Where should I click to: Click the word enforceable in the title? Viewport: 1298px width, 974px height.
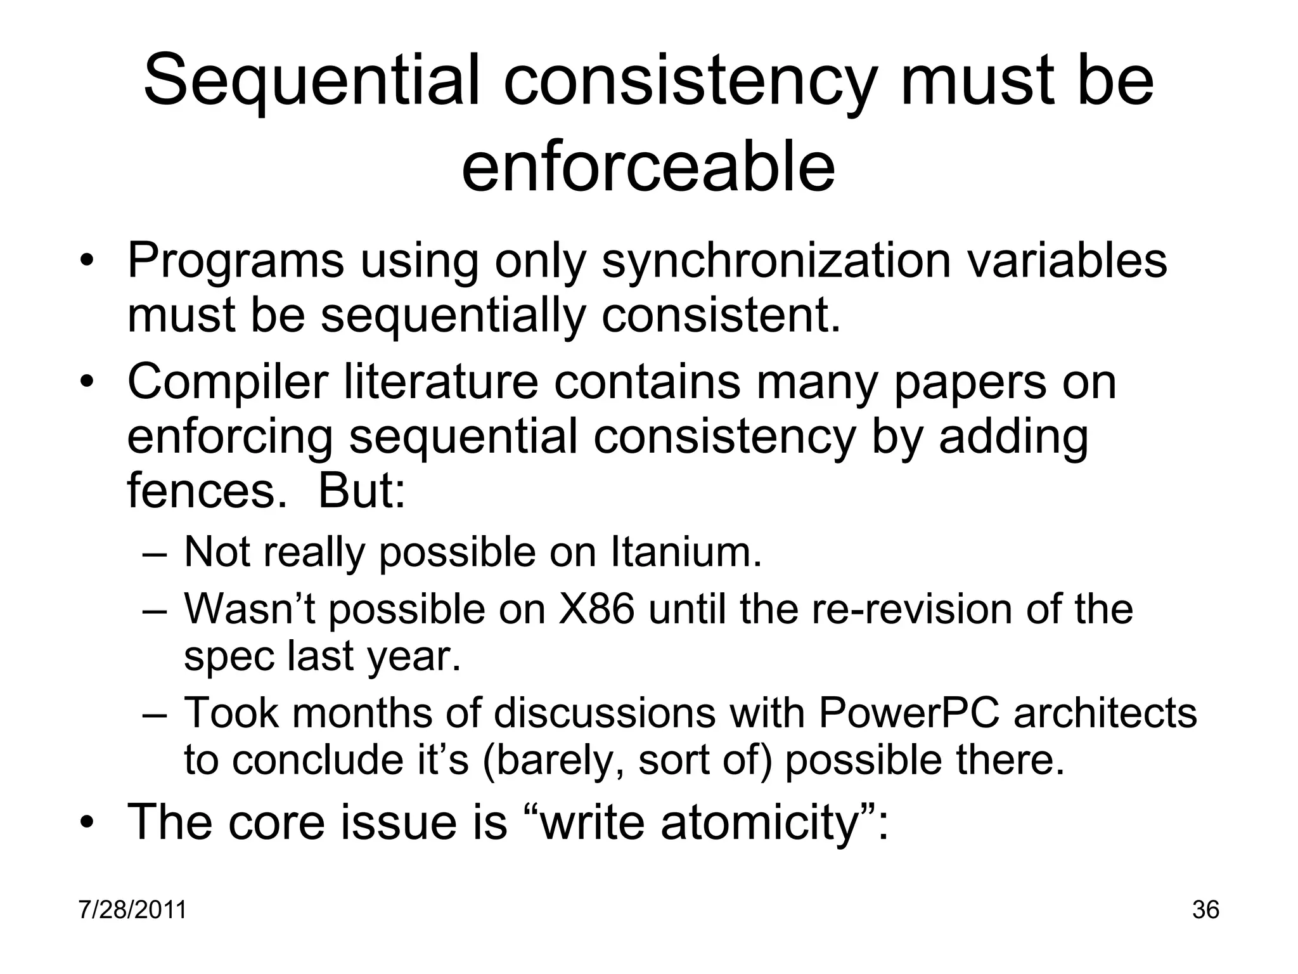point(648,166)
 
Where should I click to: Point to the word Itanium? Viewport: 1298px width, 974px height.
point(686,552)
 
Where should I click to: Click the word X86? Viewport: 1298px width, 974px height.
point(596,608)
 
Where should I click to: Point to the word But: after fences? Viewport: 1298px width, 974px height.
point(361,491)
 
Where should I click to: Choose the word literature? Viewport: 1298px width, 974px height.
point(440,382)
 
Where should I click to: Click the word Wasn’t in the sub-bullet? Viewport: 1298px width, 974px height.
point(248,608)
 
